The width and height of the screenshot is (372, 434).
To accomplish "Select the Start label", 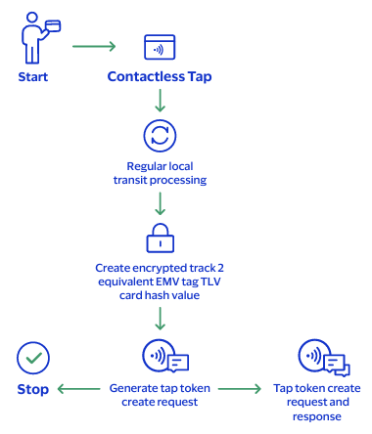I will [x=33, y=76].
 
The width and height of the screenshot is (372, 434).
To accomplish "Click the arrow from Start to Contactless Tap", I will [x=94, y=46].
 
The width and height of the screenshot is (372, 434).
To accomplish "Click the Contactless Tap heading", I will [x=159, y=76].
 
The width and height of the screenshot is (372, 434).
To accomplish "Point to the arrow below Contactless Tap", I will [x=159, y=101].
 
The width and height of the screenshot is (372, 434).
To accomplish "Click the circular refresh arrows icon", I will [x=159, y=134].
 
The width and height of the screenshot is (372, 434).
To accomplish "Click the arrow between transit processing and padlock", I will [x=159, y=203].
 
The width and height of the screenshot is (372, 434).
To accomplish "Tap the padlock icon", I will [x=159, y=238].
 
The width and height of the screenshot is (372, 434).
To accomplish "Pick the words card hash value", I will [x=159, y=294].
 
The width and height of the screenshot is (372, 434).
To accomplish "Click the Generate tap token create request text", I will [x=159, y=395].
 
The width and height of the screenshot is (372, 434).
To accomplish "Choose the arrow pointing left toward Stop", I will [x=78, y=389].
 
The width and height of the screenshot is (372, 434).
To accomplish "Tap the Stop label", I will [x=33, y=389].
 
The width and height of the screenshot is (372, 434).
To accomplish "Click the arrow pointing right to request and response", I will [x=239, y=389].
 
